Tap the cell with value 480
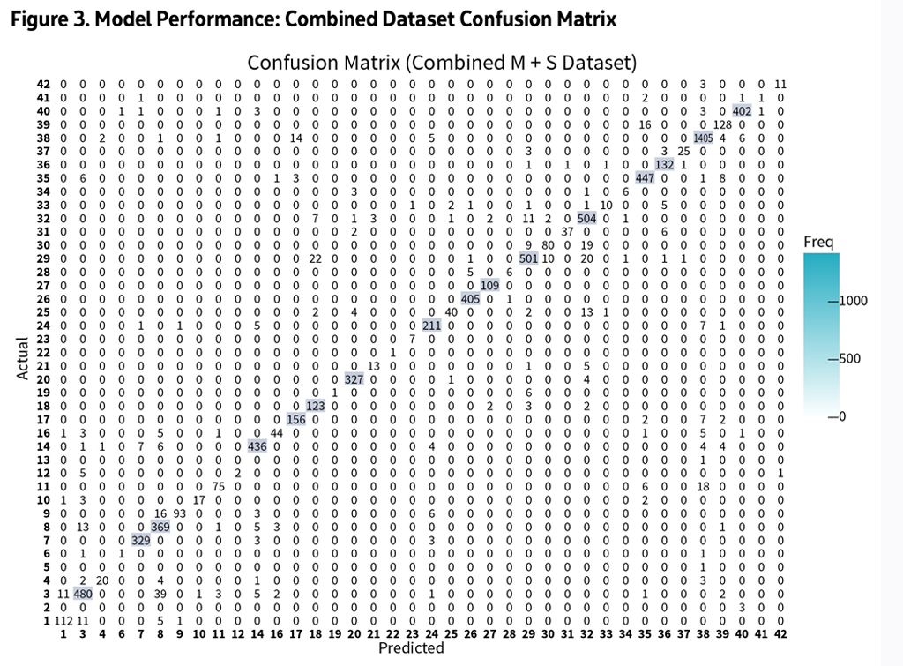click(x=82, y=595)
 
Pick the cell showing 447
click(x=645, y=177)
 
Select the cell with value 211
click(x=431, y=326)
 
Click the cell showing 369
click(x=160, y=527)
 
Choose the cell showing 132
click(x=664, y=164)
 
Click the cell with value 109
click(x=489, y=285)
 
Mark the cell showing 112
click(x=63, y=622)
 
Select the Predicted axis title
click(x=410, y=648)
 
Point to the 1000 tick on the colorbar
click(x=852, y=301)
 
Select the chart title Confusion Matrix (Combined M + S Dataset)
click(x=442, y=64)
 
